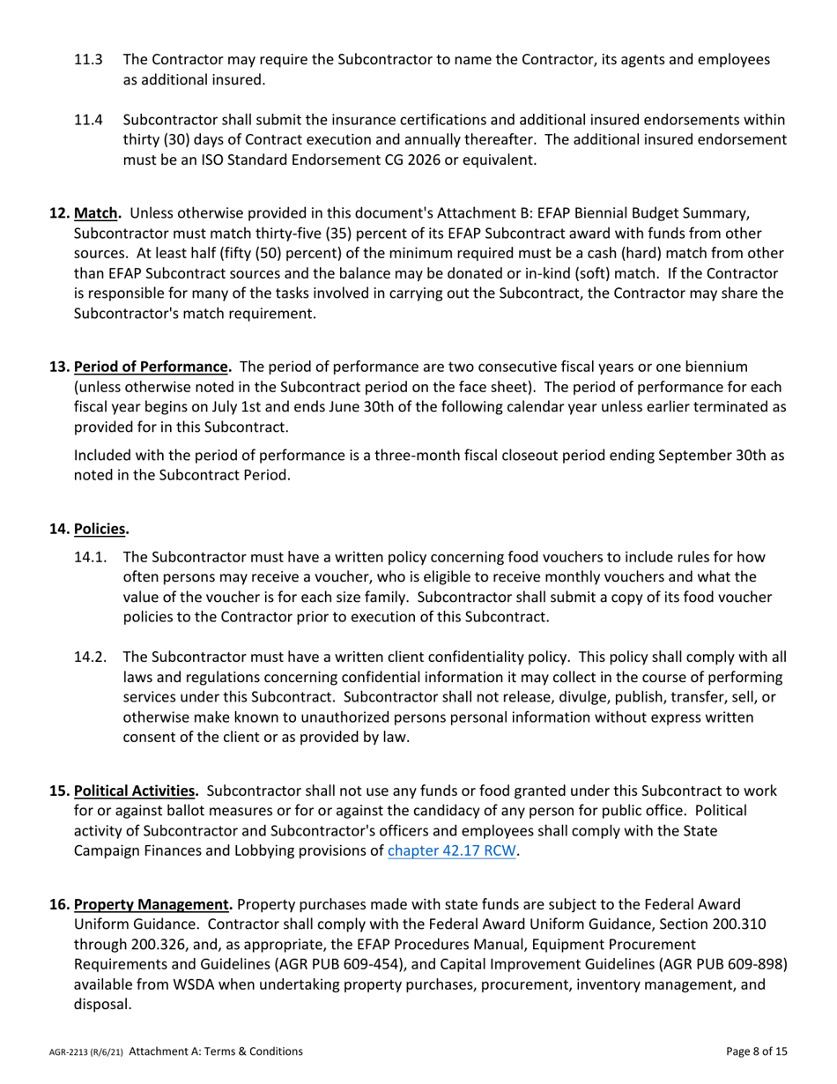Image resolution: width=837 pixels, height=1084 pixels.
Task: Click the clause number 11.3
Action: click(x=88, y=60)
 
